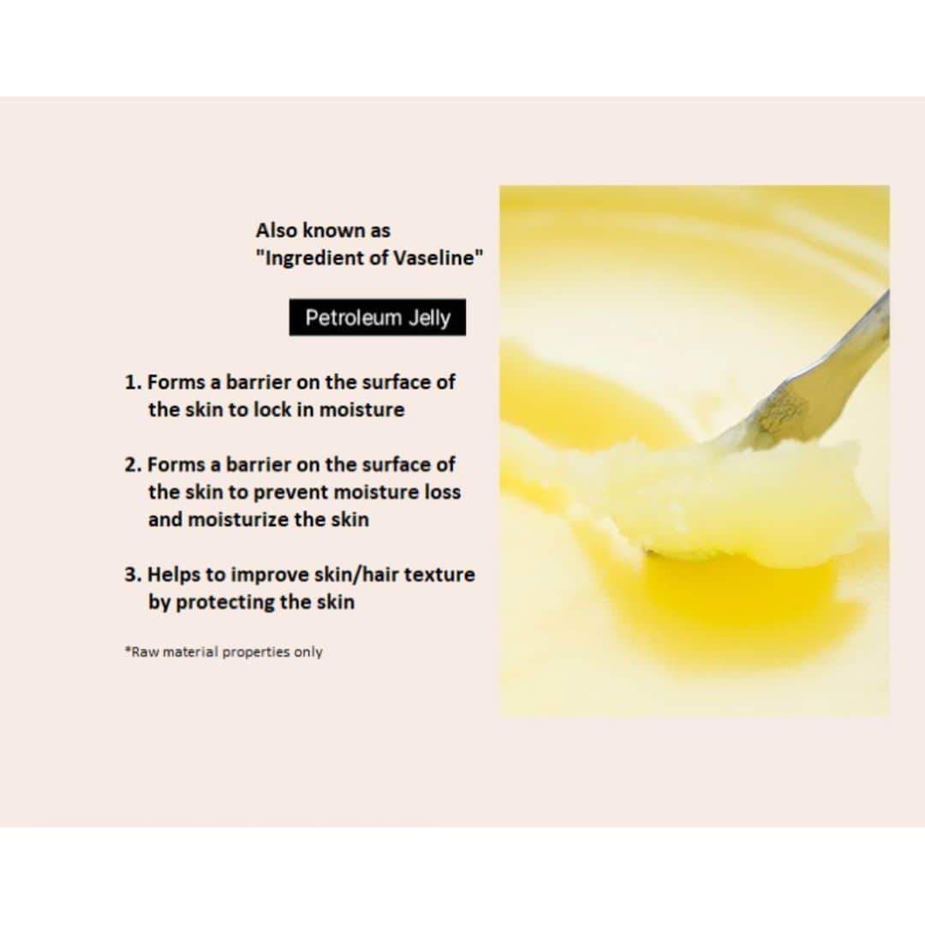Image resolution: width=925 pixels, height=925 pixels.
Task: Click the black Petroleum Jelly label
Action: coord(377,318)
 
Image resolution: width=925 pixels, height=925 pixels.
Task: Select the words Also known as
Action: coord(323,230)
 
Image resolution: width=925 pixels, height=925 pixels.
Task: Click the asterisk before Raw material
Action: coord(127,650)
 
